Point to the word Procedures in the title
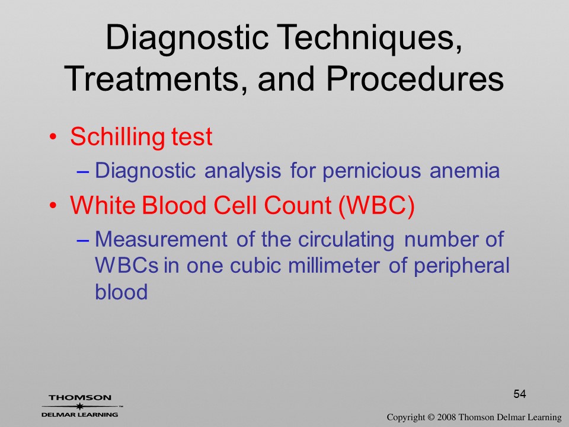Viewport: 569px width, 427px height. (x=415, y=78)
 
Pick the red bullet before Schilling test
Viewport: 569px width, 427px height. (x=53, y=137)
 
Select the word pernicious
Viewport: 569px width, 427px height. (x=372, y=171)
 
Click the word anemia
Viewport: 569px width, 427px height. (x=465, y=171)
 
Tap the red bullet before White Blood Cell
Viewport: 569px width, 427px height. (x=53, y=206)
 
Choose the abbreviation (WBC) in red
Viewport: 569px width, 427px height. (x=376, y=206)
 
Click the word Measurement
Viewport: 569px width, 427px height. (x=161, y=239)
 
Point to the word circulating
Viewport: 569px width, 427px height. (x=346, y=240)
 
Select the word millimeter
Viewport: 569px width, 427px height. (x=334, y=266)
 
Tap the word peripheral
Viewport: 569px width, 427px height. (x=462, y=266)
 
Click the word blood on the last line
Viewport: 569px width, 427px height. (x=121, y=292)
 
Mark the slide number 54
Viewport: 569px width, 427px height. (x=520, y=394)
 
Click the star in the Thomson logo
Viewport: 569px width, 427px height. (x=80, y=406)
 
